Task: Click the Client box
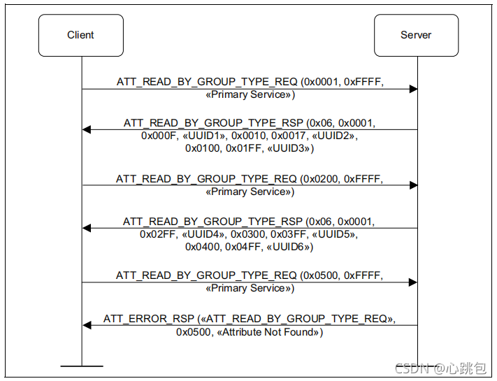click(x=81, y=35)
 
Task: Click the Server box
click(x=416, y=35)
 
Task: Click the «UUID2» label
click(x=334, y=136)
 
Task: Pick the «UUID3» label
click(x=289, y=148)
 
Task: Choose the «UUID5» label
click(x=334, y=235)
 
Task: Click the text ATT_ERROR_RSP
click(x=149, y=319)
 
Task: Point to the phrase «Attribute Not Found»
click(x=268, y=332)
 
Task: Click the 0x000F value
click(x=159, y=136)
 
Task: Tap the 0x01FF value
click(x=243, y=148)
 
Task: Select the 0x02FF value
click(x=157, y=235)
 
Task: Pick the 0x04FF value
click(x=243, y=247)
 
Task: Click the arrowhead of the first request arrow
click(x=413, y=89)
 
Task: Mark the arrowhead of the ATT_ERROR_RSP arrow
click(x=87, y=325)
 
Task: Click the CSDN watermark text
click(x=441, y=368)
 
